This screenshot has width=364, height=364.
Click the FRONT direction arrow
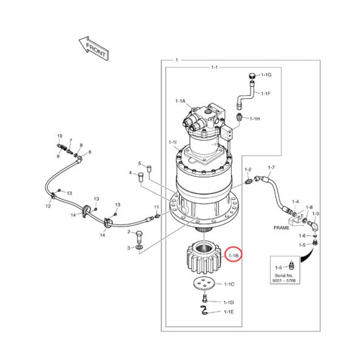[93, 48]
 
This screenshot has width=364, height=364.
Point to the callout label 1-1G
[266, 75]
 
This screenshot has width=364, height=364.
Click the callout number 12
[48, 206]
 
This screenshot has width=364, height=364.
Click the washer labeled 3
[140, 248]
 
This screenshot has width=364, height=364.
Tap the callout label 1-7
[271, 167]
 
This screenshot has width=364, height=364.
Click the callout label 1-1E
[229, 312]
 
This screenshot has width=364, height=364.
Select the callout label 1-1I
[172, 143]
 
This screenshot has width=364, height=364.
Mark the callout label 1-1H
[254, 119]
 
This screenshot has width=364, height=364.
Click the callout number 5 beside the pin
[139, 163]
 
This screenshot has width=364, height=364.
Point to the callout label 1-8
[309, 208]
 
